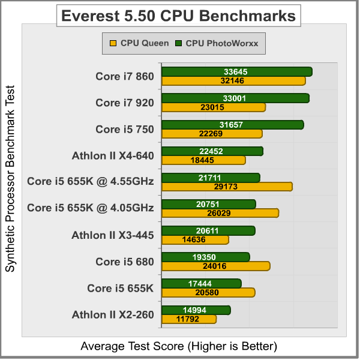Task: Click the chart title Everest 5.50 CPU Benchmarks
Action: [178, 16]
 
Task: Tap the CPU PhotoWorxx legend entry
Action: [219, 43]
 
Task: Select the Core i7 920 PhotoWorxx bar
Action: [235, 98]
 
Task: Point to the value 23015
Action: [214, 107]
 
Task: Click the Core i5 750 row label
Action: [125, 129]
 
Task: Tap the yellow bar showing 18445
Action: [203, 160]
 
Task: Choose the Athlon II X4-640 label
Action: [113, 155]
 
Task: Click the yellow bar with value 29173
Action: [227, 187]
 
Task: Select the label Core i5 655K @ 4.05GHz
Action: [91, 208]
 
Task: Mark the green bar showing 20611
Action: [208, 230]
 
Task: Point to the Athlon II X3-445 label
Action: [113, 235]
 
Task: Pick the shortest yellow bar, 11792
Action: [189, 319]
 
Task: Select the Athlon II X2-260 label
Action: [113, 314]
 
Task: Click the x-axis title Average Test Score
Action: [178, 346]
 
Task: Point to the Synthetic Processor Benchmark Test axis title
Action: [10, 179]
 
